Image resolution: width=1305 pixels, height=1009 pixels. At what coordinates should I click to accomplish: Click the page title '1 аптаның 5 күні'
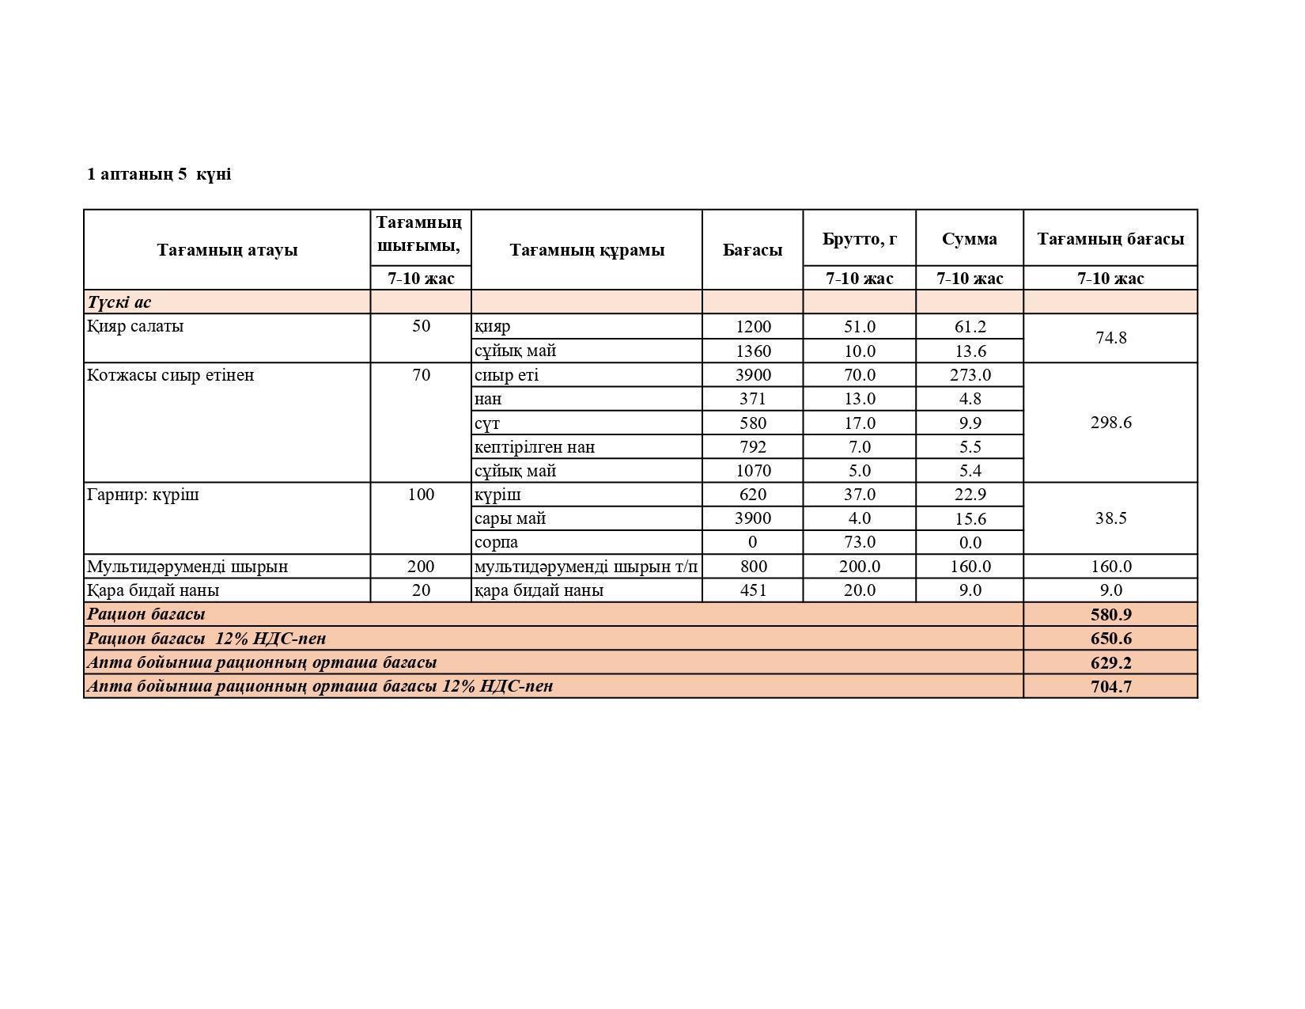coord(159,174)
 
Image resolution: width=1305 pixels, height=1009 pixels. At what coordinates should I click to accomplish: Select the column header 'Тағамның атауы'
coord(227,250)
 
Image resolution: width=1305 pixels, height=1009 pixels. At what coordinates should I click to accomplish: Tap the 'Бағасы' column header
coord(752,250)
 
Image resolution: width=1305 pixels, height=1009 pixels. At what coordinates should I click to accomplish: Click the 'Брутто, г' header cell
coord(859,238)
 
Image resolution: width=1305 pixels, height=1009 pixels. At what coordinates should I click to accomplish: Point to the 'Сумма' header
coord(969,238)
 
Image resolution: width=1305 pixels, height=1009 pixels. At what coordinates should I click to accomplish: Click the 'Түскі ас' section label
coord(119,302)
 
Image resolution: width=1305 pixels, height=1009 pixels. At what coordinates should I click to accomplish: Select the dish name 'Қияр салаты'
coord(135,326)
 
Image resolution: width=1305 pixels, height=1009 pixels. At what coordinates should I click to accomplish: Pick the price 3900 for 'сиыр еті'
coord(752,375)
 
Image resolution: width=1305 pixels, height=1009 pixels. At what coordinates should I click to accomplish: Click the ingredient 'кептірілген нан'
coord(535,447)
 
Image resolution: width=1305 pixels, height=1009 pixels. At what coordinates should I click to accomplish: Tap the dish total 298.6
coord(1110,423)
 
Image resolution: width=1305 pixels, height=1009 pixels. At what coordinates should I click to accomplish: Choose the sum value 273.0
coord(970,375)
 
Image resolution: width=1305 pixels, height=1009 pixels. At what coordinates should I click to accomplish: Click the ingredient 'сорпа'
coord(497,543)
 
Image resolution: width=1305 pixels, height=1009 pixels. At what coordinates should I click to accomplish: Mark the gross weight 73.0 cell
coord(859,543)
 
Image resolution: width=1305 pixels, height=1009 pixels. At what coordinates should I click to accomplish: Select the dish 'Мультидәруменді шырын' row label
coord(187,567)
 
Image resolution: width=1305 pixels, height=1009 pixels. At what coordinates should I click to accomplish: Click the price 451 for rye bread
coord(752,590)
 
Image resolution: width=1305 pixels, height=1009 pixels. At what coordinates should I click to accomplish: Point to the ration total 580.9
coord(1110,615)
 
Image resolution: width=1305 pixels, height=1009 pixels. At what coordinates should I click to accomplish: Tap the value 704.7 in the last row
coord(1110,687)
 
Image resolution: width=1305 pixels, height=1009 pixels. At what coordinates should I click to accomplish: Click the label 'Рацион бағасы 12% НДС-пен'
coord(206,639)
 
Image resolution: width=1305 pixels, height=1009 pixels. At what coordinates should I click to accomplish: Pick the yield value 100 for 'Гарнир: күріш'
coord(421,495)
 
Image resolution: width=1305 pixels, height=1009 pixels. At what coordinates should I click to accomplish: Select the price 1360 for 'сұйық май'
coord(752,351)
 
